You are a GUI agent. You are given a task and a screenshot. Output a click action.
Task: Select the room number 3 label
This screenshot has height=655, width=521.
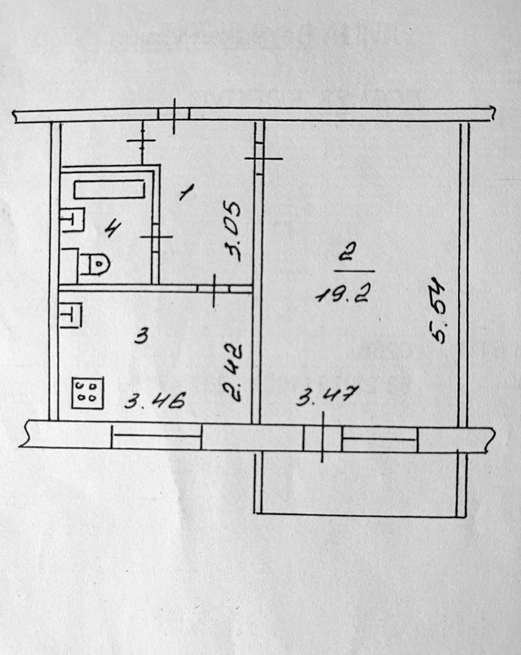[x=141, y=337]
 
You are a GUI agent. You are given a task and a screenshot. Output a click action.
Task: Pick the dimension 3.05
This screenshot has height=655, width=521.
[x=233, y=232]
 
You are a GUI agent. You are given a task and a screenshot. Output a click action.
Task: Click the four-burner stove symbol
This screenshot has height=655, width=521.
[x=87, y=393]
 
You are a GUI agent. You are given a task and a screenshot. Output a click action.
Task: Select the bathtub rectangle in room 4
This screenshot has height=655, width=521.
[x=110, y=190]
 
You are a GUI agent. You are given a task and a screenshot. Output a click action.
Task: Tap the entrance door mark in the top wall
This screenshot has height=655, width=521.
[x=173, y=114]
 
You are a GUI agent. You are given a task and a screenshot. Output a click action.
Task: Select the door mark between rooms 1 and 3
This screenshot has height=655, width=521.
[x=214, y=289]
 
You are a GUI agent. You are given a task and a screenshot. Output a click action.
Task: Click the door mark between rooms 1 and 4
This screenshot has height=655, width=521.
[x=155, y=237]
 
